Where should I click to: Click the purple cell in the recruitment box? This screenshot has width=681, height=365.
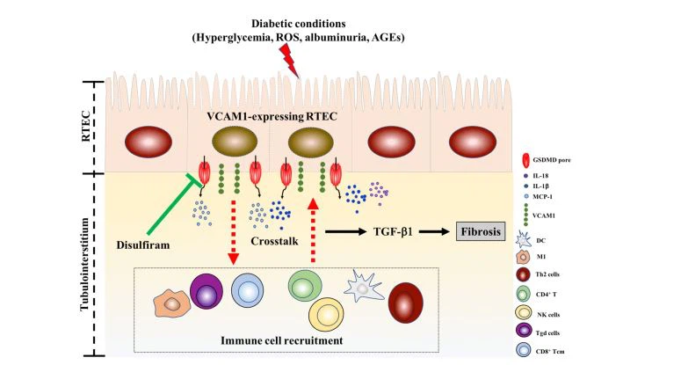(x=208, y=292)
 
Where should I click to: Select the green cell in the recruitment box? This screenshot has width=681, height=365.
(x=304, y=288)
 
